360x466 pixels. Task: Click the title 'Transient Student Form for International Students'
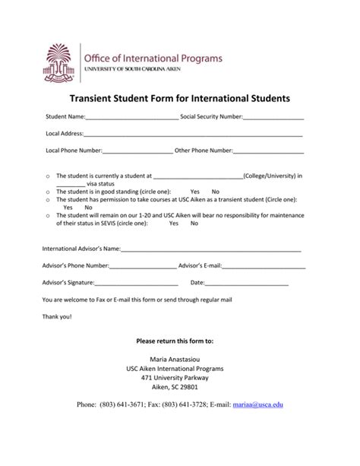click(180, 99)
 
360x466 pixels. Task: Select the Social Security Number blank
click(273, 119)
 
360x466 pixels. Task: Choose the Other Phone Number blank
click(267, 151)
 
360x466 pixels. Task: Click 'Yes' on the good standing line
click(195, 192)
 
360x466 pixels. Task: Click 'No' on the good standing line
click(216, 192)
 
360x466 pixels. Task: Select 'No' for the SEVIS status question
click(194, 224)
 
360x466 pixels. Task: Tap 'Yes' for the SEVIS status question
click(174, 224)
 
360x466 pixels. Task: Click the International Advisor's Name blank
click(210, 249)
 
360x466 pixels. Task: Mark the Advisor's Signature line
click(138, 283)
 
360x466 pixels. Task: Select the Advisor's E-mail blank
click(264, 266)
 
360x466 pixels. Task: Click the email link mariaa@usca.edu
click(257, 405)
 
